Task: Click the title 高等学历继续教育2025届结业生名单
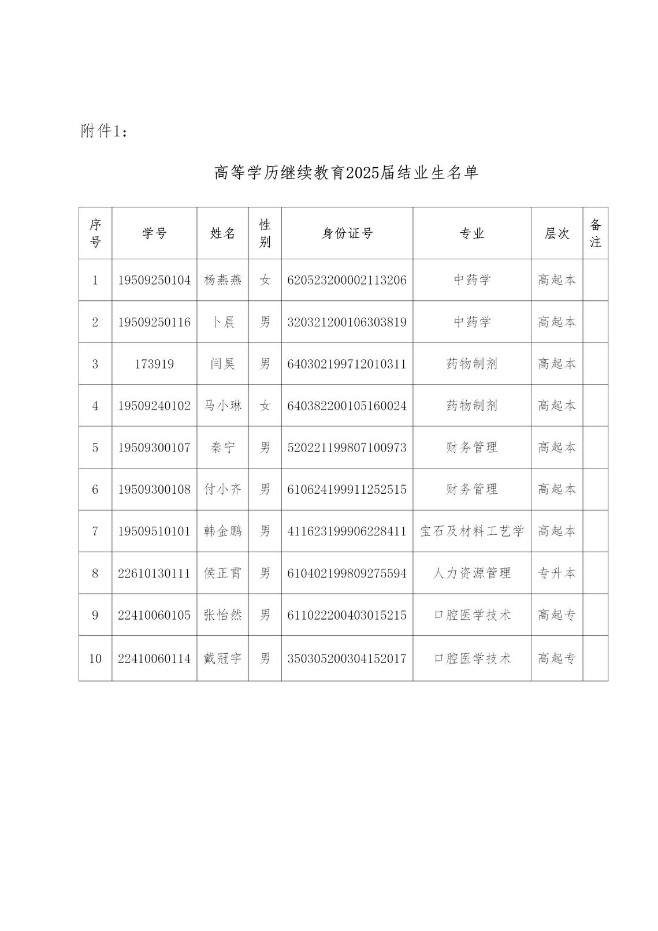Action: pos(346,173)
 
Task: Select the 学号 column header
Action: pos(154,233)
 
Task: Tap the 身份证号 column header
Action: pos(347,233)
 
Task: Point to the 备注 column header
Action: pos(595,233)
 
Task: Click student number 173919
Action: pos(154,364)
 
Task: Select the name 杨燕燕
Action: pos(222,280)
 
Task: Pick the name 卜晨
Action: pos(222,322)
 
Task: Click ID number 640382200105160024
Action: pos(347,406)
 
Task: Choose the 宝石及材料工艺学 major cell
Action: pos(471,531)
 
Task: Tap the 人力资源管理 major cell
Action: pos(471,574)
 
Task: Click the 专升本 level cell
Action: pos(557,574)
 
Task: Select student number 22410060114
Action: pos(154,658)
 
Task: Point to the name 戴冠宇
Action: pos(222,658)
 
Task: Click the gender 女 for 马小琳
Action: pos(265,406)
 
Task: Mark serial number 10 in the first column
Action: pos(95,658)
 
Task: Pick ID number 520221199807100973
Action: pos(347,448)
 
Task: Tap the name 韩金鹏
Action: pos(222,531)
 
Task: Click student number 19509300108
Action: pos(154,490)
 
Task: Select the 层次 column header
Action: pos(557,233)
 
